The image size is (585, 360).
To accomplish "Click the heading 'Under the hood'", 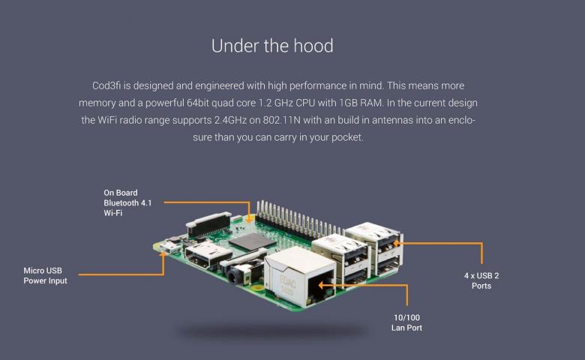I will pos(272,46).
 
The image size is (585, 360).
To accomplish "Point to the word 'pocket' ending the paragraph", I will pos(343,137).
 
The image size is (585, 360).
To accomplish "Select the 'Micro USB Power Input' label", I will pos(45,275).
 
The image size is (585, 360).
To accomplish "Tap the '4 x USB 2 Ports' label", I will pos(481,280).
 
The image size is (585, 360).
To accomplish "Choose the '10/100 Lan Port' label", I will pos(407,322).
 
